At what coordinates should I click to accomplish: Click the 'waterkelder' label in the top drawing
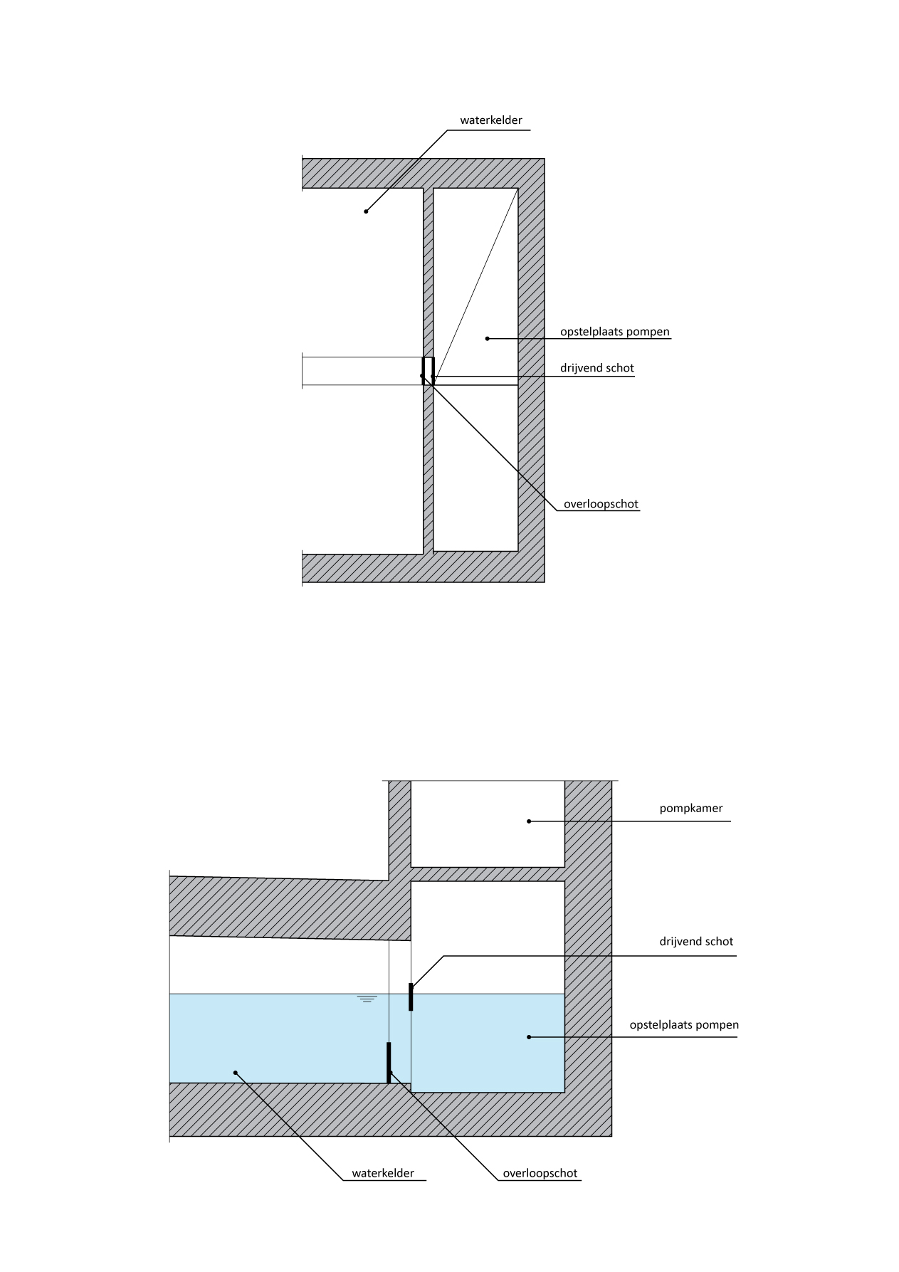point(490,120)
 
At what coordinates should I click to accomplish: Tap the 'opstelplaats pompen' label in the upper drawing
point(614,332)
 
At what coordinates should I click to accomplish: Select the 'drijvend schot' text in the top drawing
point(596,369)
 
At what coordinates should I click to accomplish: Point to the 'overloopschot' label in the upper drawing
point(601,505)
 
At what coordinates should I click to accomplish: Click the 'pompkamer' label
point(690,809)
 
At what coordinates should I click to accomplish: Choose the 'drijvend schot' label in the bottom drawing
point(695,942)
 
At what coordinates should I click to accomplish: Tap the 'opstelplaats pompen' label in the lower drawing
point(683,1026)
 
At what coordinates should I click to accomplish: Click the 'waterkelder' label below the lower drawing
point(382,1174)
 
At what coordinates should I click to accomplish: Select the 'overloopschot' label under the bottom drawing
point(540,1174)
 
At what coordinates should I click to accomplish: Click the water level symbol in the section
point(367,999)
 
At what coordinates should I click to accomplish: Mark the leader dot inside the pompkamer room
point(529,821)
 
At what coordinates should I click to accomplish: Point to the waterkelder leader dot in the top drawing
point(366,211)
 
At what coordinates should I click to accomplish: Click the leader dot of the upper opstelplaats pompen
point(488,339)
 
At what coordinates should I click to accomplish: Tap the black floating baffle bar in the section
point(411,997)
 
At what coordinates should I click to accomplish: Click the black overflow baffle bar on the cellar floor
point(389,1062)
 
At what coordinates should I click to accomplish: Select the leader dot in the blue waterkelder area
point(236,1072)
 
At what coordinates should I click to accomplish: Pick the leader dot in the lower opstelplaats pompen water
point(529,1037)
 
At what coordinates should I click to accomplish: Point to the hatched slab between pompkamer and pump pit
point(488,874)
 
